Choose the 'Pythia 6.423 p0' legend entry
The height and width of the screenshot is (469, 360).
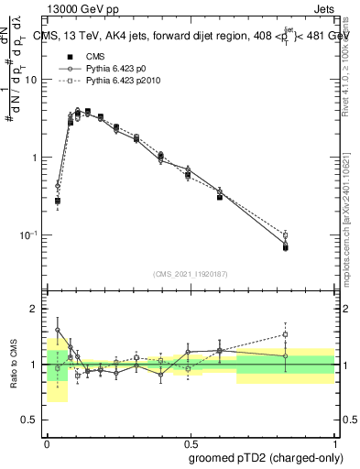click(x=111, y=69)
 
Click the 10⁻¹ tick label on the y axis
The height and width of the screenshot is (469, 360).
click(x=32, y=235)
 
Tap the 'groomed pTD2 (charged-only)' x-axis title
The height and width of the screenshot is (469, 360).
click(x=267, y=458)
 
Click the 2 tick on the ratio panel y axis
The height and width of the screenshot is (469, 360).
click(x=38, y=309)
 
